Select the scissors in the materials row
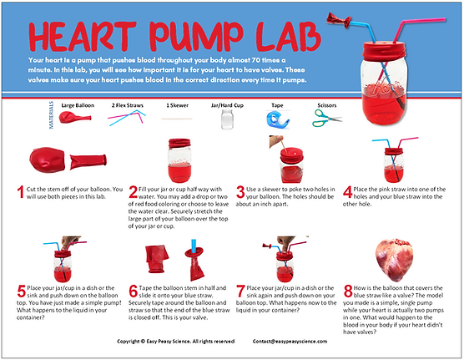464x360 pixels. pyautogui.click(x=326, y=119)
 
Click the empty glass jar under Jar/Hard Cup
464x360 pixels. pyautogui.click(x=225, y=120)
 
